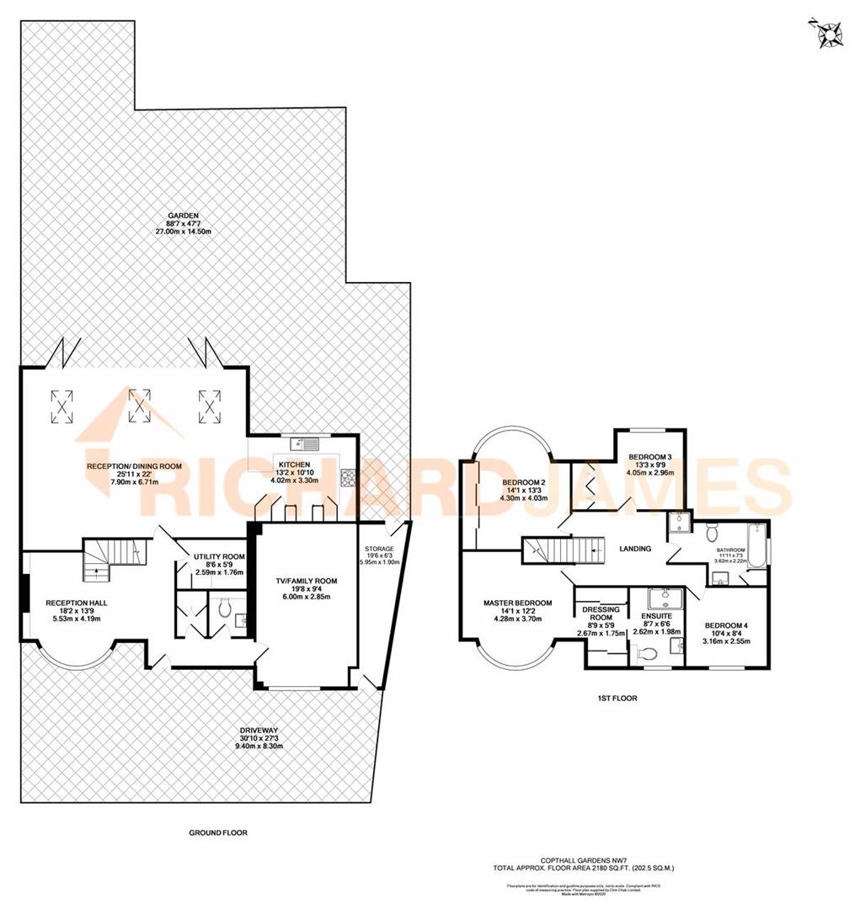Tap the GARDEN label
[176, 214]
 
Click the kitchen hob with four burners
[348, 478]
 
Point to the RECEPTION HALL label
[77, 603]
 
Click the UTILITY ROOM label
[219, 556]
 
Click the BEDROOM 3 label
[650, 457]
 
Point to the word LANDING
[634, 549]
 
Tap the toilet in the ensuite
[647, 653]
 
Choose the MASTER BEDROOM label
[517, 603]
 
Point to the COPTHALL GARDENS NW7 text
[584, 860]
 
